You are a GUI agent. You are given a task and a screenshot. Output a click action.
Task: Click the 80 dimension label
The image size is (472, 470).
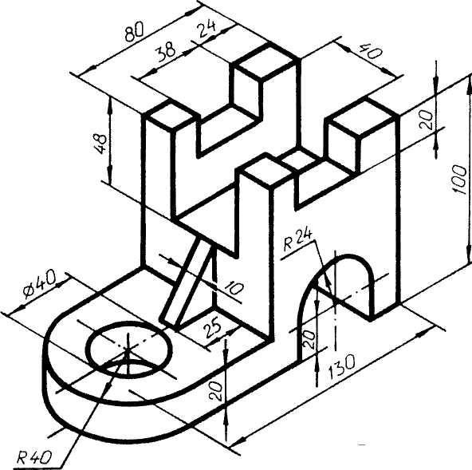tap(135, 31)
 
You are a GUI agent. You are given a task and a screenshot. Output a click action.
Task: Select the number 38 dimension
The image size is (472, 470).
tap(166, 51)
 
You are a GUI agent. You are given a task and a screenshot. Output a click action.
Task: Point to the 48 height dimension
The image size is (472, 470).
tap(100, 144)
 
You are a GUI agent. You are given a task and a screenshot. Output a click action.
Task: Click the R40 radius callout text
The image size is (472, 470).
tap(33, 458)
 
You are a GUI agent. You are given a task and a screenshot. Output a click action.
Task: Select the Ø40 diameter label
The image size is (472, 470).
tap(39, 284)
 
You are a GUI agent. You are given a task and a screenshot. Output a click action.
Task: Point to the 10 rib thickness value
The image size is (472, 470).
tap(234, 289)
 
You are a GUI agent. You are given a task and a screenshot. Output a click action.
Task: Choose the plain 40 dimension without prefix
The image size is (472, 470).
tap(371, 52)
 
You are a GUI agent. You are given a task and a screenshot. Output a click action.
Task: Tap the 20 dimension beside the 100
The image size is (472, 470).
tap(427, 120)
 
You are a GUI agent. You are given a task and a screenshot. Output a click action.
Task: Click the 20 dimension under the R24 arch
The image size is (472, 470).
tap(309, 339)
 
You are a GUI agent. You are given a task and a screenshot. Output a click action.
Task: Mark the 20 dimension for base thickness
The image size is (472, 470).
tap(216, 391)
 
